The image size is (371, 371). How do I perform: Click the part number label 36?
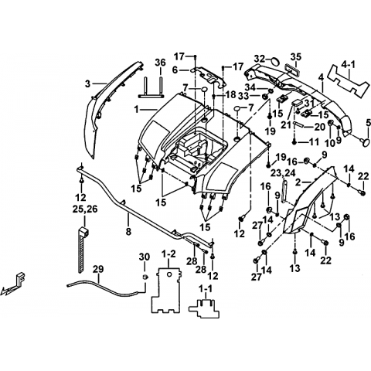[x=160, y=63]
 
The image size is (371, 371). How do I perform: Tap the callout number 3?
[x=88, y=84]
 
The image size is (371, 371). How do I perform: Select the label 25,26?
[x=85, y=209]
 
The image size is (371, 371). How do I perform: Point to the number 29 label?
[x=99, y=269]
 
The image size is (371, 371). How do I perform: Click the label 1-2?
[x=168, y=254]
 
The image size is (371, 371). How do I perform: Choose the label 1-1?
[x=206, y=290]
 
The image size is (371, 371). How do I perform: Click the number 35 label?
[x=296, y=56]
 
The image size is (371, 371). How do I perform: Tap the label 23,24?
[x=283, y=172]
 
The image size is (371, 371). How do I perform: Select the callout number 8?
[x=128, y=231]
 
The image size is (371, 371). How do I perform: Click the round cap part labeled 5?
[x=365, y=142]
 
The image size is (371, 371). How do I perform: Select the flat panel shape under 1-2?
[x=165, y=290]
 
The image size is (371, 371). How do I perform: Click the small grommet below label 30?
[x=145, y=277]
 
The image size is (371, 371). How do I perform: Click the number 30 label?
[x=145, y=257]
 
